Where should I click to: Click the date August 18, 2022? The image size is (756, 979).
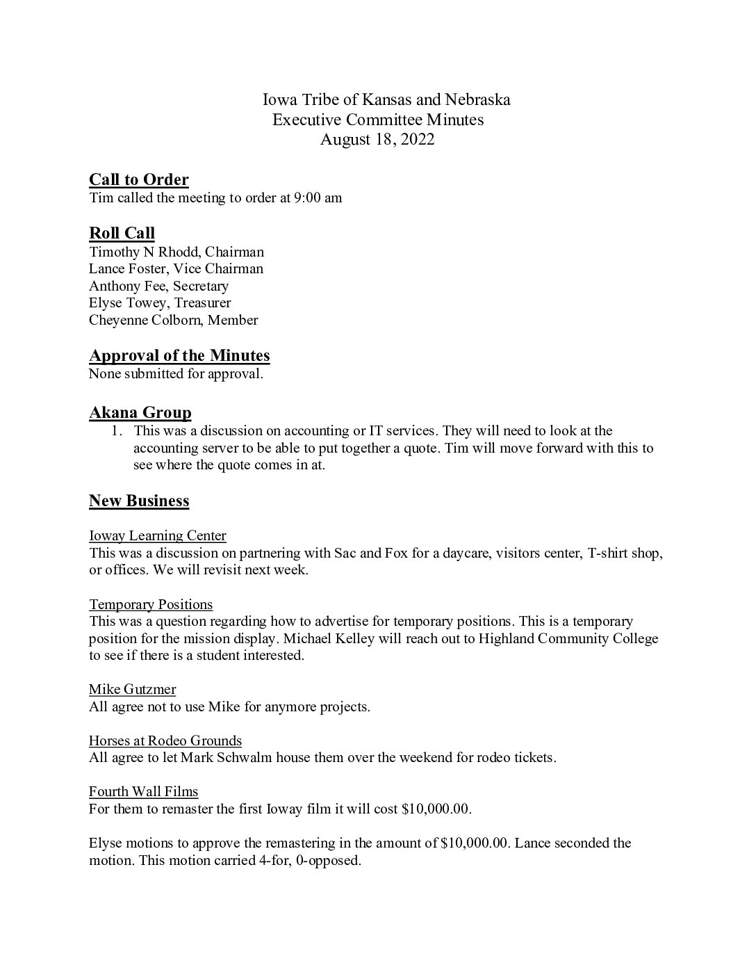coord(377,139)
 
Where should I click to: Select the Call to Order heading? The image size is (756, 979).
coord(139,180)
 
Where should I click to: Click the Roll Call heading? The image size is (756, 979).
coord(122,233)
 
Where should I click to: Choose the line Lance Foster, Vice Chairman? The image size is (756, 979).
coord(176,268)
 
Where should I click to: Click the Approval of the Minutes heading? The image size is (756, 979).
coord(179,356)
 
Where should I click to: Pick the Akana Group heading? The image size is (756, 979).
coord(140,413)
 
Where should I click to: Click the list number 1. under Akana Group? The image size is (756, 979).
coord(117,431)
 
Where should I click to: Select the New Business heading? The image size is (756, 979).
coord(139,501)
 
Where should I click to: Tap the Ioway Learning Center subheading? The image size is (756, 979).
coord(158,535)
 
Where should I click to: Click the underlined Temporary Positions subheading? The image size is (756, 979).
coord(151,604)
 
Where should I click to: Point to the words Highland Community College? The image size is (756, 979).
coord(568,638)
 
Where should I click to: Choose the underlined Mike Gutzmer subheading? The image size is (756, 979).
coord(132,689)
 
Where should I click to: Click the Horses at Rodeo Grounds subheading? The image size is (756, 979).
coord(165,741)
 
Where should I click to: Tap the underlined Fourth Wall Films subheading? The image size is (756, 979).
coord(144,791)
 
